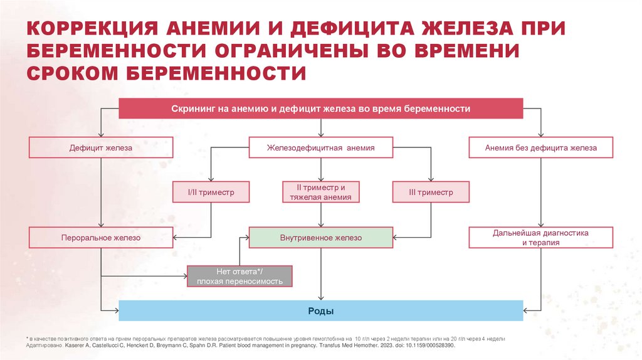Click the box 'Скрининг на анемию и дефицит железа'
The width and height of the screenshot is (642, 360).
pos(321,109)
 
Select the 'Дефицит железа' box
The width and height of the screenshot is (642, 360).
pos(101,148)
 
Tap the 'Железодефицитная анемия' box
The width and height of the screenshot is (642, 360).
pos(321,148)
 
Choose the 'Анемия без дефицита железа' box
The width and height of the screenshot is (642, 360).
pos(540,148)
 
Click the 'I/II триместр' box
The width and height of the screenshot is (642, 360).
pos(211,193)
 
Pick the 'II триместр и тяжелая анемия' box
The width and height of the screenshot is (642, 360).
pos(321,193)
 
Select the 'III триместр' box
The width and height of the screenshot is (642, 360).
pos(431,193)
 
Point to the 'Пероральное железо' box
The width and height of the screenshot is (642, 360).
pos(101,238)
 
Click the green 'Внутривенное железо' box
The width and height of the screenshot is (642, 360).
pos(321,238)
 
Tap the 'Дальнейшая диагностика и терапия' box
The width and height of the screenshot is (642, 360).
pos(540,238)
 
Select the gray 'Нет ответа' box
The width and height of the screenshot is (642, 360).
pos(239,277)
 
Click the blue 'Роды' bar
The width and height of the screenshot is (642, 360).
pos(321,311)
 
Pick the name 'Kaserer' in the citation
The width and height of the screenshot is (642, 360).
pos(78,346)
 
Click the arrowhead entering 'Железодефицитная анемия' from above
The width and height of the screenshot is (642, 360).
pos(321,135)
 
